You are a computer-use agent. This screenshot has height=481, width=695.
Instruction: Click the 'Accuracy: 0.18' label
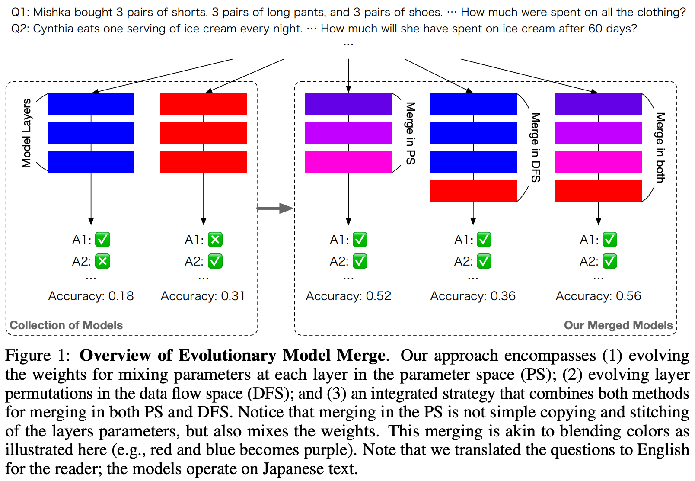coord(91,296)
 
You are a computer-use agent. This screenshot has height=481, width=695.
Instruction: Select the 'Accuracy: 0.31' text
coord(203,296)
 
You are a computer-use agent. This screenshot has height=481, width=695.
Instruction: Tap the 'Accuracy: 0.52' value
coord(348,296)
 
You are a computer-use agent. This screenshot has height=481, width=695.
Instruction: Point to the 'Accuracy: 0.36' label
coord(473,296)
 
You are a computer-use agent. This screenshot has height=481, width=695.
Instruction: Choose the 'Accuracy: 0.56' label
coord(598,296)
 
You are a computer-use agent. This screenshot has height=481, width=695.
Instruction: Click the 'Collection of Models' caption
coord(66,325)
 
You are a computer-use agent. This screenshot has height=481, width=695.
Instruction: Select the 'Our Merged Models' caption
coord(618,325)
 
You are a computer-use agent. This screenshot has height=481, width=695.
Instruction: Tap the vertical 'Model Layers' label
coord(27,133)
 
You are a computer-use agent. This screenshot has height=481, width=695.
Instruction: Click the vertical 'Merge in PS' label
coord(411,133)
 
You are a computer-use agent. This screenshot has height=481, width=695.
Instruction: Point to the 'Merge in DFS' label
coord(536,148)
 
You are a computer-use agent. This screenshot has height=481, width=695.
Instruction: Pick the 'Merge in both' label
coord(660,148)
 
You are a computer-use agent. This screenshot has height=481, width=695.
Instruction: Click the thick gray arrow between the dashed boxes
coord(275,208)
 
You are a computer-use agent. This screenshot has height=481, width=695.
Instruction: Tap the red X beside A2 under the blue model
coord(102,261)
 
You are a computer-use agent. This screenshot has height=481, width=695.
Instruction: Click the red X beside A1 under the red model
coord(215,240)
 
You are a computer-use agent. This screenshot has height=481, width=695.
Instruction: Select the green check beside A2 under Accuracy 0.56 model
coord(609,261)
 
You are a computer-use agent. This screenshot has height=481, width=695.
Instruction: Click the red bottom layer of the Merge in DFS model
coord(473,191)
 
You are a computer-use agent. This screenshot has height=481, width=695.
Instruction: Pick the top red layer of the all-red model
coord(204,104)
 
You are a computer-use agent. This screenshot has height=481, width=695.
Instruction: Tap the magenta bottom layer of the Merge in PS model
coord(348,162)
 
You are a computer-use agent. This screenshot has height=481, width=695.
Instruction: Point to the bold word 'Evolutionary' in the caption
coord(227,356)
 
